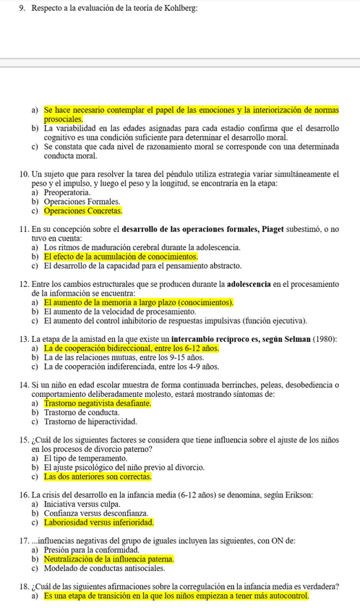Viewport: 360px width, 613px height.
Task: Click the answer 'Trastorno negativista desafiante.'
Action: point(98,403)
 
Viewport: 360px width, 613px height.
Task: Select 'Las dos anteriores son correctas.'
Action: point(98,476)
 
